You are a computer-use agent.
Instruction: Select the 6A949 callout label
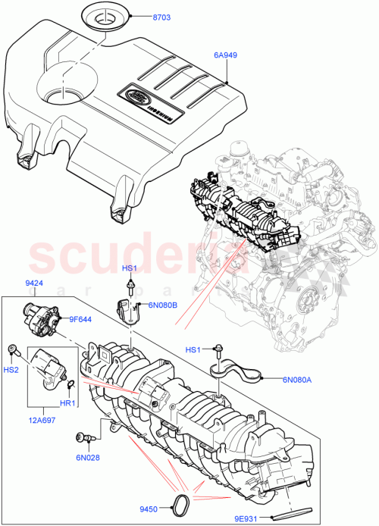227,55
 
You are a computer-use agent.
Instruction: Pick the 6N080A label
298,380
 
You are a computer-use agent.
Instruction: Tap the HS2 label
11,369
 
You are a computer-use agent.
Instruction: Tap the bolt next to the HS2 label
14,350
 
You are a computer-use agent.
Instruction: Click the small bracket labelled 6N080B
130,311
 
